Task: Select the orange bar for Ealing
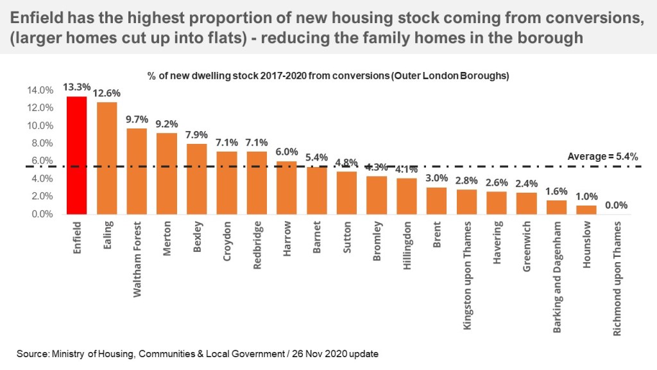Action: [107, 158]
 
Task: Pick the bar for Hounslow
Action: [586, 209]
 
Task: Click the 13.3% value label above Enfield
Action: [76, 87]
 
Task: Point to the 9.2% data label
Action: [166, 124]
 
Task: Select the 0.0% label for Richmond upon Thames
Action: [615, 206]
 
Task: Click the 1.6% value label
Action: [556, 191]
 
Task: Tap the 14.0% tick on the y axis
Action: [40, 90]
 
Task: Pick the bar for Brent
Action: [436, 200]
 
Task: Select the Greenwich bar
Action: [526, 203]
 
